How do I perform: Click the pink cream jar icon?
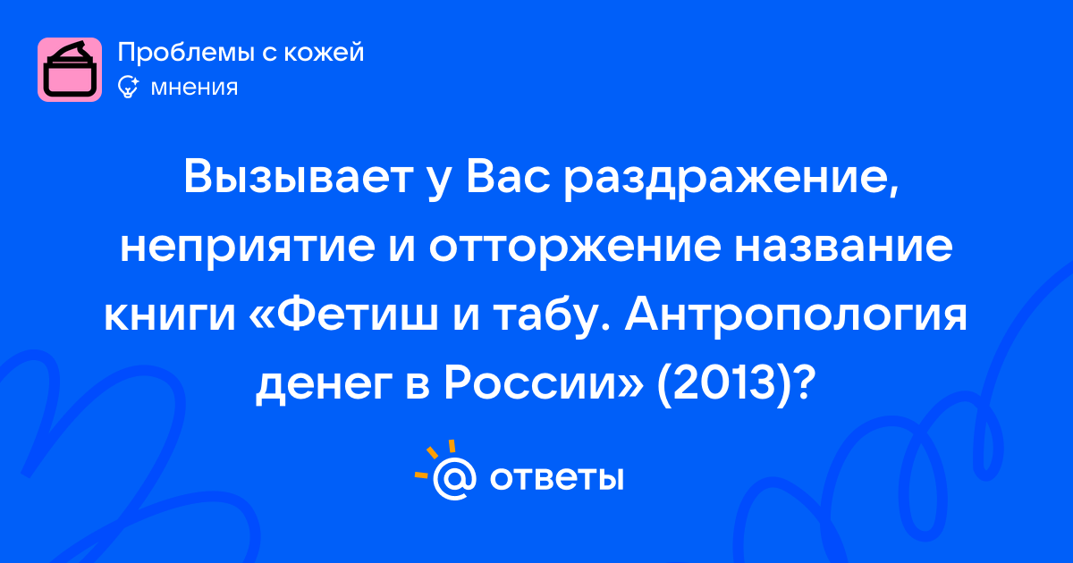click(x=70, y=70)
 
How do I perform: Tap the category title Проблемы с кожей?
click(x=241, y=53)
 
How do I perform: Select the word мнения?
click(x=195, y=88)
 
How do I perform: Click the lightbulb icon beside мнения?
click(x=128, y=88)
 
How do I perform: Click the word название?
click(x=844, y=247)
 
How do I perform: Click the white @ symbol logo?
click(x=454, y=478)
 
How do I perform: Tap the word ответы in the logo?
click(x=556, y=479)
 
